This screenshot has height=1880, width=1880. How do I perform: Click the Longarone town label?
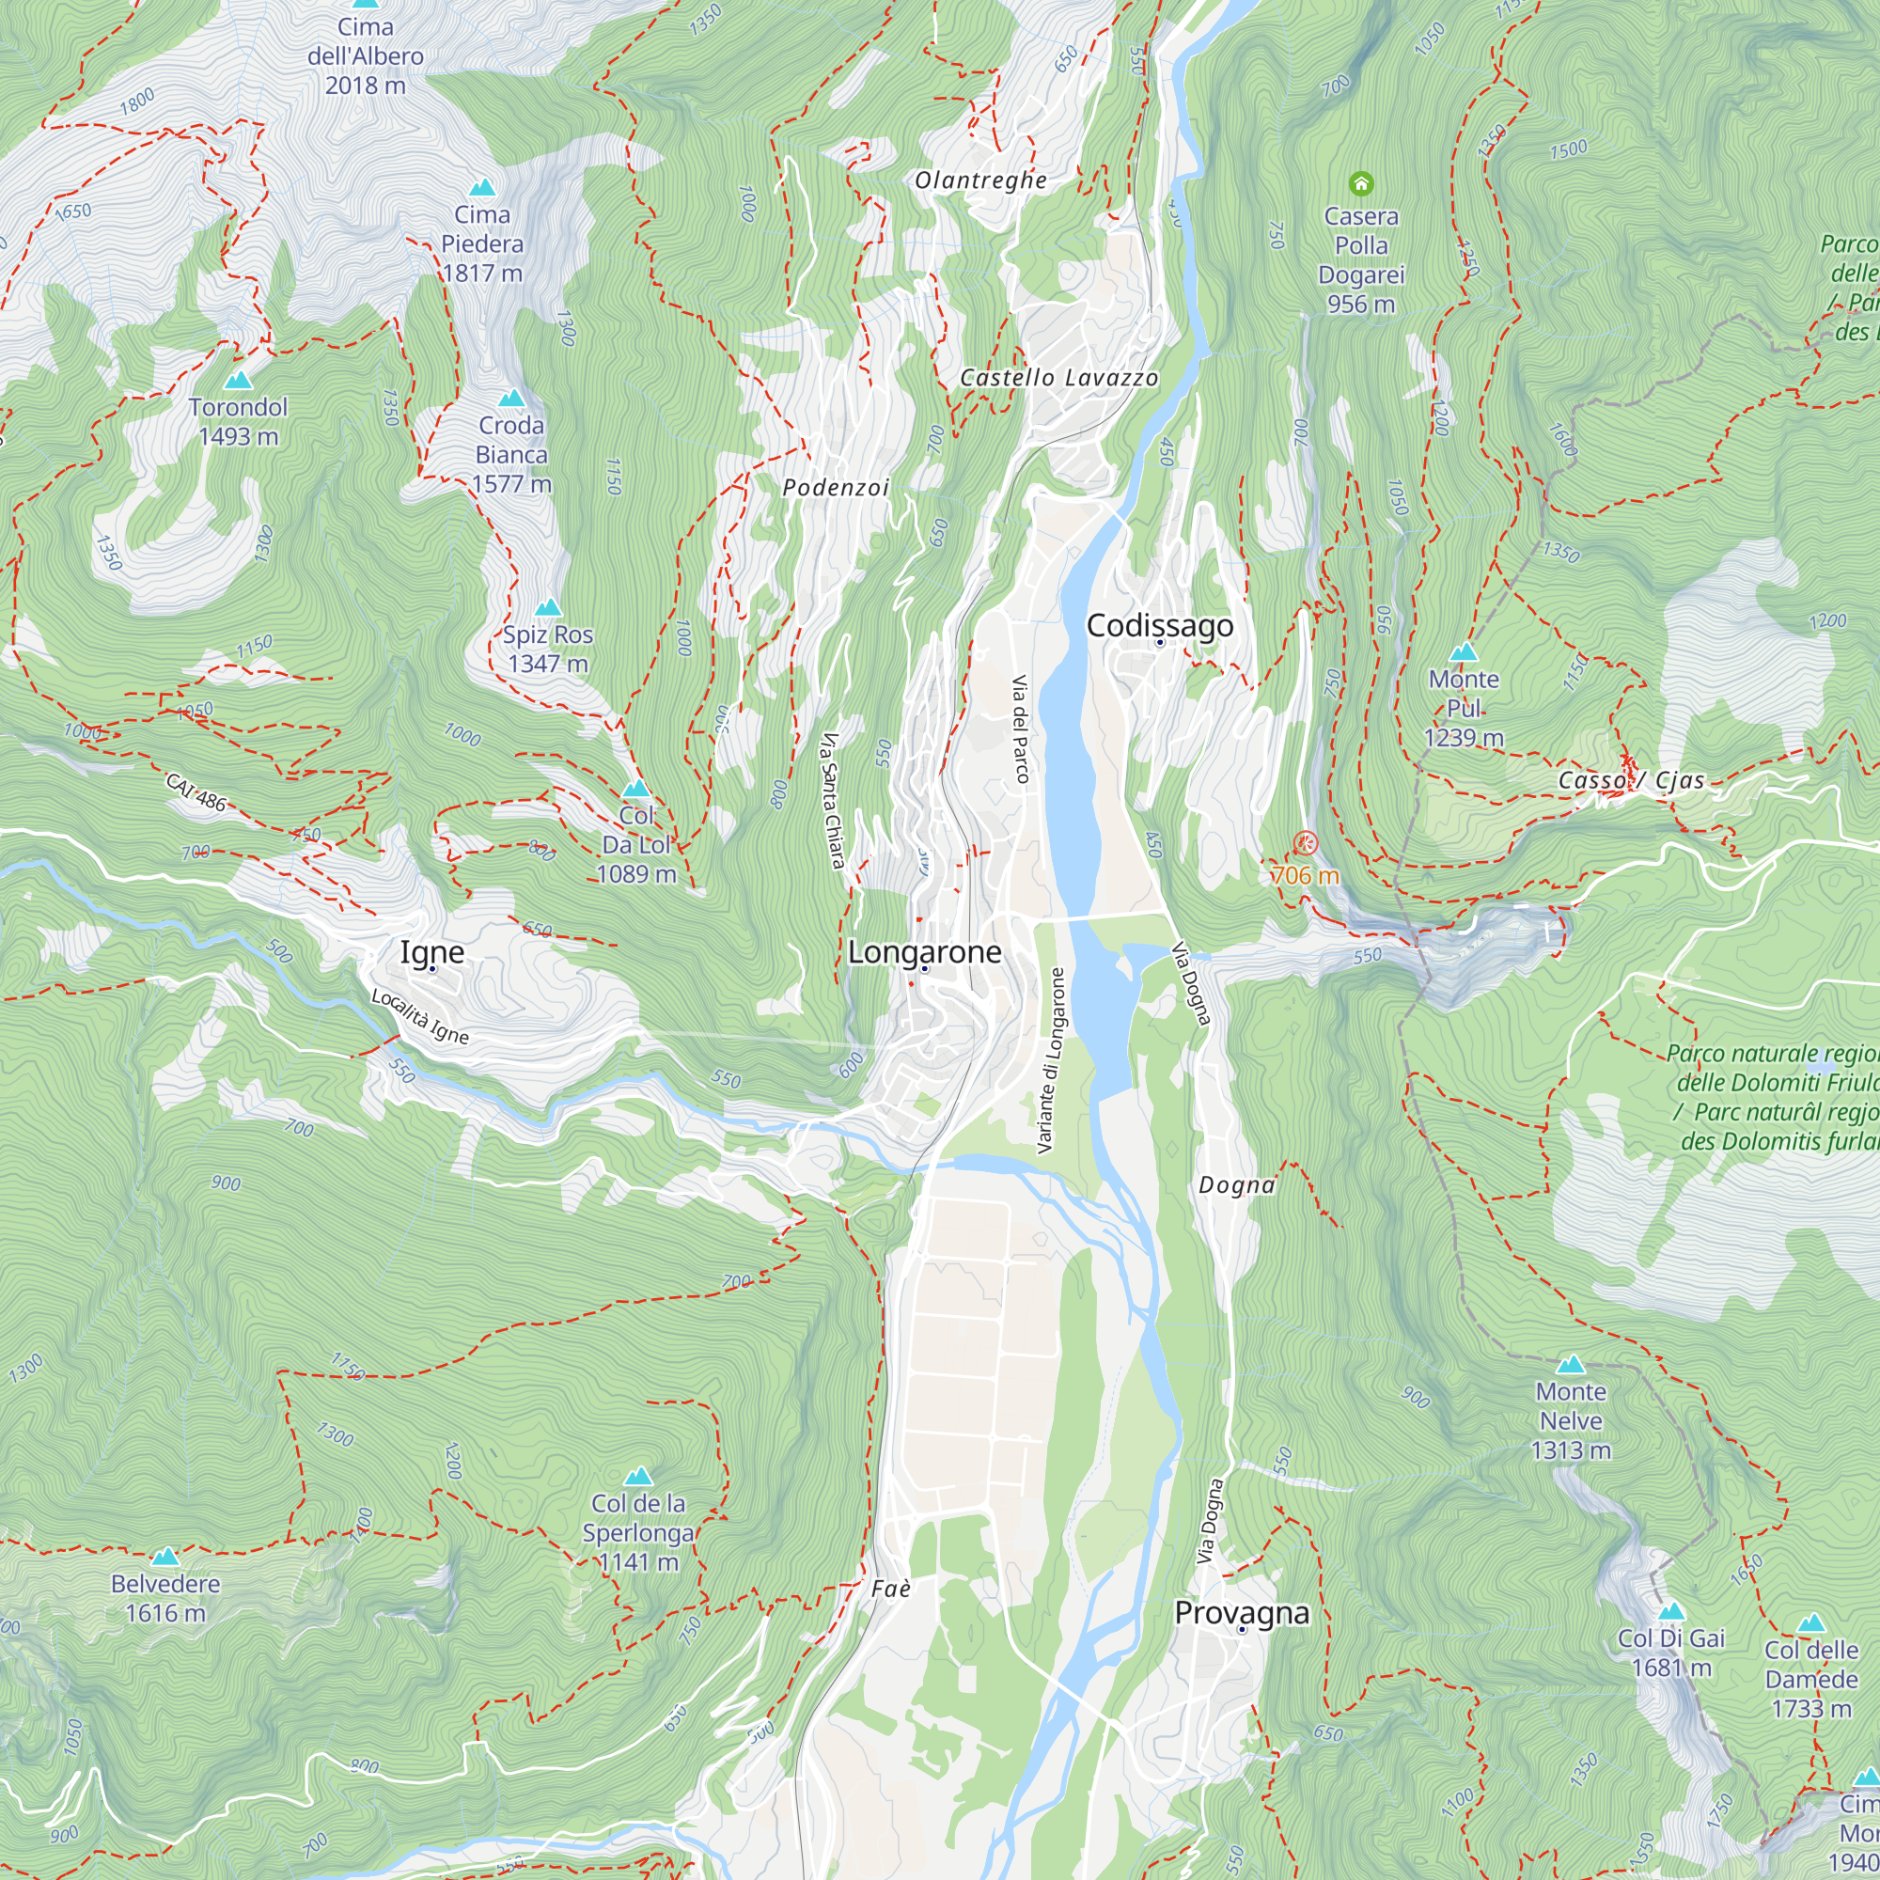coord(924,951)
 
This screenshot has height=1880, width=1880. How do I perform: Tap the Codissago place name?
coord(1159,626)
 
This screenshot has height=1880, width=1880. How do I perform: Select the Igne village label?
coord(432,951)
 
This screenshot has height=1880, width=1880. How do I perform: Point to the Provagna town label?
coord(1242,1612)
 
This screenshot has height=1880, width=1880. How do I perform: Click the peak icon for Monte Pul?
coord(1464,652)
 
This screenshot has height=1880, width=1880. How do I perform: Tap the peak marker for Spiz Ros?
coord(548,607)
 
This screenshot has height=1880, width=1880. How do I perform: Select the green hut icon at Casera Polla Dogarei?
coord(1360,183)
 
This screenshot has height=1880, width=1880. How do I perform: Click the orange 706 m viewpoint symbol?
coord(1305,842)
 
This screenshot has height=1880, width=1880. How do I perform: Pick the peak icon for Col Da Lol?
coord(635,789)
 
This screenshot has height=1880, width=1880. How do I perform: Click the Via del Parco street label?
coord(1020,728)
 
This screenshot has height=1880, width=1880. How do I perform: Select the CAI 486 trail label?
coord(196,792)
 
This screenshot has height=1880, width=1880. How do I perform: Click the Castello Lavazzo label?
coord(1058,378)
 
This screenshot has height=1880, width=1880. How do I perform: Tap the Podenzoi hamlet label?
coord(836,488)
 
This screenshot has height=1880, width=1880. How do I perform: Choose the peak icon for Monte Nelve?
coord(1571,1364)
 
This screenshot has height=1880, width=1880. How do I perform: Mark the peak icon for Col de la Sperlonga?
coord(637,1476)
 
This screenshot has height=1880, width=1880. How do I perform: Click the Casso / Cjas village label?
coord(1631,780)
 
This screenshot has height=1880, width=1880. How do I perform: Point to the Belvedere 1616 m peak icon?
coord(165,1557)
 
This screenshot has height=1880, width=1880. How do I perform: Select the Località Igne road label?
coord(420,1017)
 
